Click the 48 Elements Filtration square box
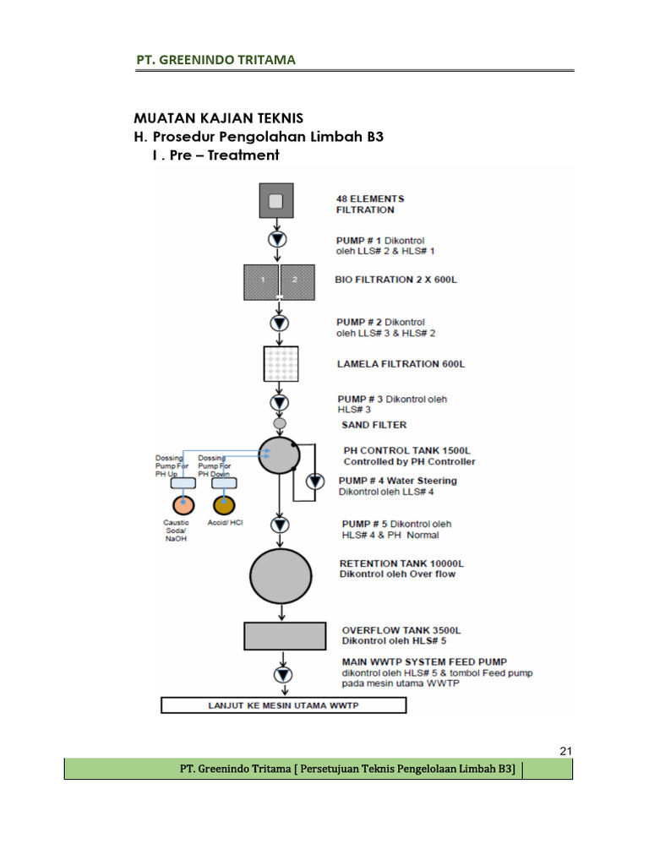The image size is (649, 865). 275,201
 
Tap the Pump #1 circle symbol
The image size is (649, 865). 277,240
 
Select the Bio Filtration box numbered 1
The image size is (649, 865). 261,281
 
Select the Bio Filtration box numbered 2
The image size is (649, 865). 295,281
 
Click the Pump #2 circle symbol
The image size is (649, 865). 279,324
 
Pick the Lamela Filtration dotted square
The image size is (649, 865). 279,363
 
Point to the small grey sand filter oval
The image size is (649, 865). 280,423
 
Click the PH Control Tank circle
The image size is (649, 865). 279,455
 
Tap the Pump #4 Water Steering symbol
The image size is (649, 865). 314,481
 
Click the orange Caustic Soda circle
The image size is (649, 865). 183,505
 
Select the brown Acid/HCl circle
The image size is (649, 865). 224,505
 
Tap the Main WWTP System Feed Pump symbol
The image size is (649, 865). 282,674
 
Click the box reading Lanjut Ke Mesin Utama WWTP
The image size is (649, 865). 284,705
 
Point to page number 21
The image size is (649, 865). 566,751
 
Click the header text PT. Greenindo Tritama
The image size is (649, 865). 216,59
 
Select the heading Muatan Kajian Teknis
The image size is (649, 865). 218,118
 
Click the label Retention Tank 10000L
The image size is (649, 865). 402,563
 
